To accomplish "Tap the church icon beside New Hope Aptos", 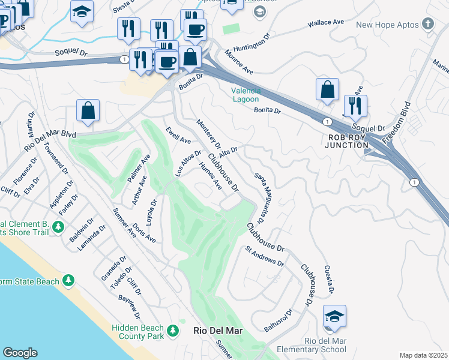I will click(x=427, y=24).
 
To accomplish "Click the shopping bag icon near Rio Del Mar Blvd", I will click(x=88, y=110).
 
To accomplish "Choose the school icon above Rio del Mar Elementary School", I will click(x=334, y=316).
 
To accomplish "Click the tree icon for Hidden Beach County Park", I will click(x=173, y=331).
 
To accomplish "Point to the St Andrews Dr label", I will click(x=264, y=256).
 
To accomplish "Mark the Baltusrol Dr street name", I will click(x=278, y=321).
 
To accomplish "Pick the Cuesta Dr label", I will click(x=328, y=280).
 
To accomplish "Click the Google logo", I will click(x=20, y=353).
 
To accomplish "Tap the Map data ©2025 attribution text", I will click(x=423, y=355).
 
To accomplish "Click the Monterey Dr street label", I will click(x=209, y=134).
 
